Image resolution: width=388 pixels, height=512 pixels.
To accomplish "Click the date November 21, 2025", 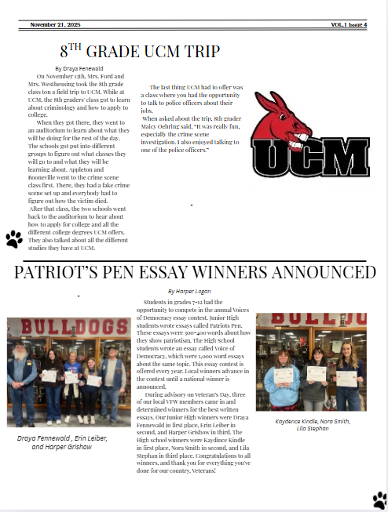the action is (56, 25).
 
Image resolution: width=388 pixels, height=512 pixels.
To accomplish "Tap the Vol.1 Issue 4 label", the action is (349, 25).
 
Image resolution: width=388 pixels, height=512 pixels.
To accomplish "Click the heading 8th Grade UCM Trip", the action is (140, 52).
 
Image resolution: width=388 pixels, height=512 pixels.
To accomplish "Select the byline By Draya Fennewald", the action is (85, 69).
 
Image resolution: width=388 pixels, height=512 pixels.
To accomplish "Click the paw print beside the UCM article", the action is (13, 238).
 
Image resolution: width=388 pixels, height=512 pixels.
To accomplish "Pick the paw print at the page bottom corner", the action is (379, 499).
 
